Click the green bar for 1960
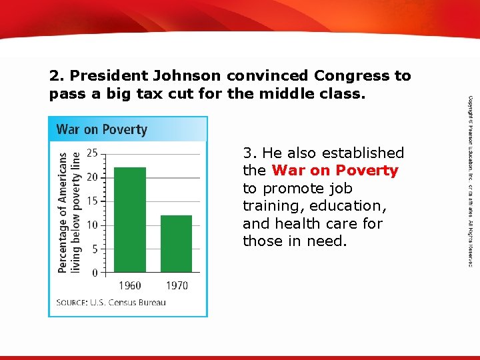click(x=130, y=219)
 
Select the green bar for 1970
click(x=176, y=243)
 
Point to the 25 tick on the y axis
click(x=92, y=153)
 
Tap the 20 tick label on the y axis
click(x=92, y=177)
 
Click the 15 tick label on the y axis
click(x=92, y=201)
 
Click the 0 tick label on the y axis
click(x=95, y=273)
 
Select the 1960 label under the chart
click(x=130, y=285)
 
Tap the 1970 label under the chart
click(x=176, y=285)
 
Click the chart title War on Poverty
click(x=101, y=129)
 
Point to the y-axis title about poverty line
click(x=69, y=212)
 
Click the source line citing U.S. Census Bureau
click(x=111, y=303)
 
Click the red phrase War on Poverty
click(x=335, y=171)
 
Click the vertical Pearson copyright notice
click(x=470, y=180)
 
